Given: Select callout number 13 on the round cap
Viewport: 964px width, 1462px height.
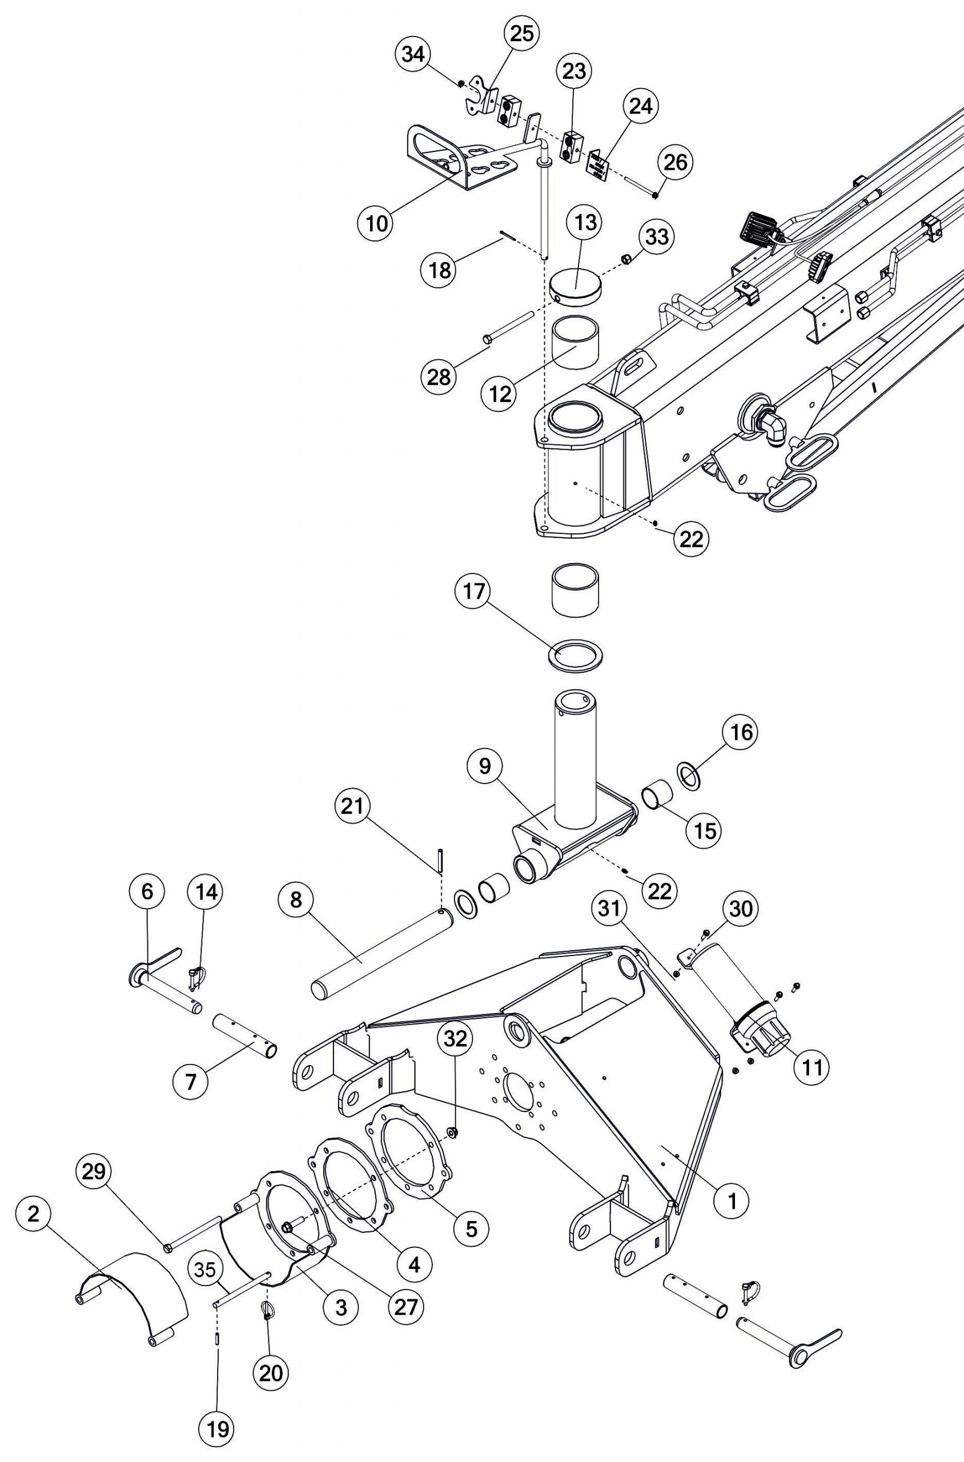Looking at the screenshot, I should pos(585,223).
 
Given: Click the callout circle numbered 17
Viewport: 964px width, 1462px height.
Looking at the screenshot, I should pos(474,592).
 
